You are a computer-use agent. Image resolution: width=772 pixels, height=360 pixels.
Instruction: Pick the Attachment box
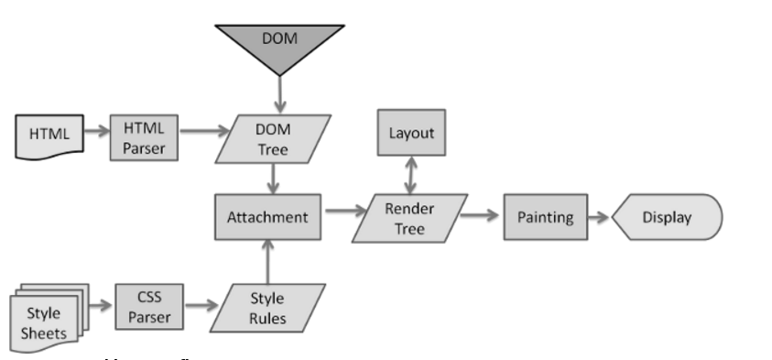click(x=267, y=217)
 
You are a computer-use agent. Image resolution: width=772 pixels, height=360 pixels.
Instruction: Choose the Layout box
click(x=411, y=134)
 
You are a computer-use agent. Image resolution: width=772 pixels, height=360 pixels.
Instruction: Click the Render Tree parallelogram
click(x=410, y=217)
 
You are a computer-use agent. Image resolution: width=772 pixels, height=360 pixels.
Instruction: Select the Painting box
click(x=545, y=217)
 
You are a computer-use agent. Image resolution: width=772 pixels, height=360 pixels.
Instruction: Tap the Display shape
click(x=667, y=217)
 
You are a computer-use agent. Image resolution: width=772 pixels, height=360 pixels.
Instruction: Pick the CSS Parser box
click(x=149, y=308)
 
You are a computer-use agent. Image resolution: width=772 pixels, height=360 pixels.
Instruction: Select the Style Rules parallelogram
click(x=267, y=308)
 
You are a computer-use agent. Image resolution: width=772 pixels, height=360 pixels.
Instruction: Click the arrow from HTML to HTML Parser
click(x=94, y=131)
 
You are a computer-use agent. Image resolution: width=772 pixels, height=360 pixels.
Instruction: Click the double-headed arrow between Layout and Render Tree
click(x=411, y=174)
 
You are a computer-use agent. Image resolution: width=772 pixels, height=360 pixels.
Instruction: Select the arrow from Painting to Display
click(x=598, y=218)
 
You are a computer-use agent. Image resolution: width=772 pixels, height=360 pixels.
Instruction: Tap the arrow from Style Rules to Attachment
click(x=267, y=260)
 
